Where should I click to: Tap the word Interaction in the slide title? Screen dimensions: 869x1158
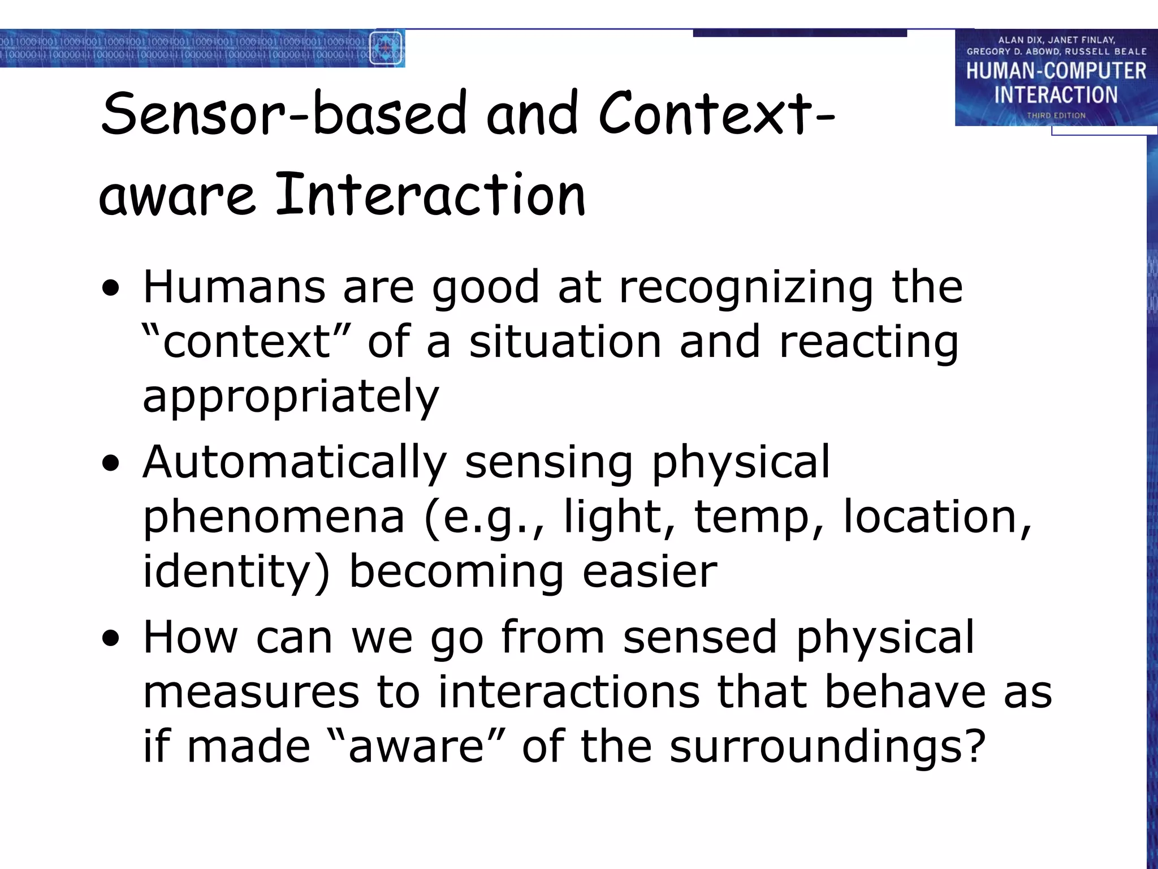430,195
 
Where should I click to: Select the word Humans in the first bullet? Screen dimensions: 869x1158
234,287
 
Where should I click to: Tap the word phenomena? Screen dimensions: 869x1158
274,517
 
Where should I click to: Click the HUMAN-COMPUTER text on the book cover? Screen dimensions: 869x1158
1056,71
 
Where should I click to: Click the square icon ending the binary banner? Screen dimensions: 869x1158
386,48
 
